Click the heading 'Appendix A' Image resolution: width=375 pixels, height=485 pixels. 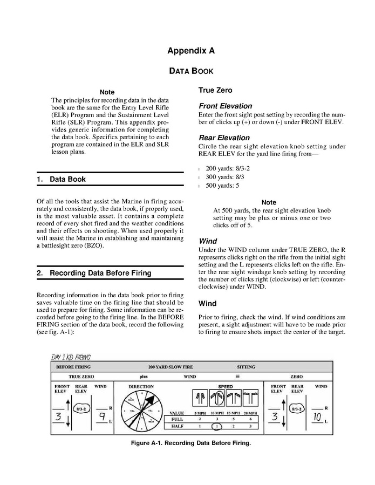pos(191,51)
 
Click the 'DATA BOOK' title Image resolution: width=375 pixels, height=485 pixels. pos(191,71)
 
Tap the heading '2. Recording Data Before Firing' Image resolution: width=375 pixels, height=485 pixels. pos(94,273)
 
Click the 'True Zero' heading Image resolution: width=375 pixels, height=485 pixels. pos(215,90)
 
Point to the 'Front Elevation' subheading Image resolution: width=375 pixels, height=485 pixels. pos(225,106)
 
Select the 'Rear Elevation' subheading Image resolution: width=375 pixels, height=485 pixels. pos(224,138)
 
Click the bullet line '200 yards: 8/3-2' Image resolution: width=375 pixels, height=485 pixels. pos(228,168)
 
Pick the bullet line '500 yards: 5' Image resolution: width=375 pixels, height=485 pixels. pos(222,186)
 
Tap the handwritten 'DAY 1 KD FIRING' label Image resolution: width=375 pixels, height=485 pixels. pos(71,357)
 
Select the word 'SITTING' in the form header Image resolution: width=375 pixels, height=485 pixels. pos(246,367)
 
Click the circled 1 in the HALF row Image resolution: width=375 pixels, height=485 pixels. pos(216,426)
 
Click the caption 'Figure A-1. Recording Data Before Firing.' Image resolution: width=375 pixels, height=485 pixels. pos(191,443)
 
